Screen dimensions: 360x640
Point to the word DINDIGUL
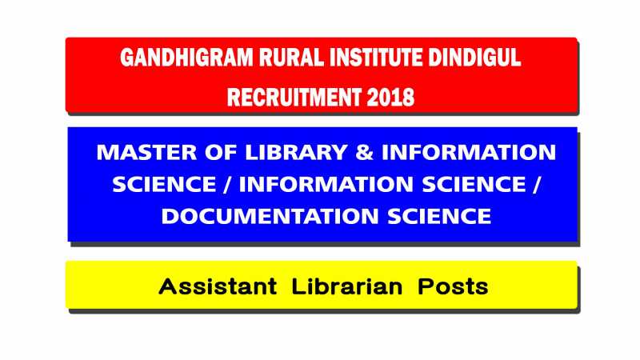476,60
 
